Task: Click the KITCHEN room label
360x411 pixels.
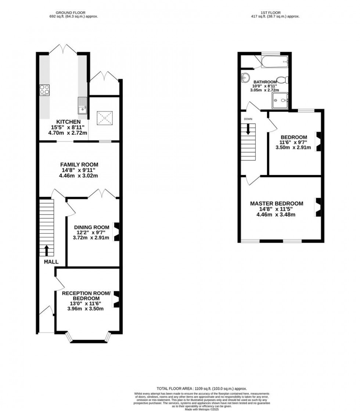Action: coord(68,122)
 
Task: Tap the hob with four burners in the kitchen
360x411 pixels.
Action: coord(44,90)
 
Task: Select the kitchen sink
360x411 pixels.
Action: coord(82,106)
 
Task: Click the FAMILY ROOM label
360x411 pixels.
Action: coord(79,165)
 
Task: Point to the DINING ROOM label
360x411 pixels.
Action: coord(91,227)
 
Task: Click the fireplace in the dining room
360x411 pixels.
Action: coord(116,232)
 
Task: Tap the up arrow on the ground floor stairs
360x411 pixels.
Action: coord(47,250)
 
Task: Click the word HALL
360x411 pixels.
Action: coord(51,262)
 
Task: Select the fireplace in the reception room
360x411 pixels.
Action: coord(116,299)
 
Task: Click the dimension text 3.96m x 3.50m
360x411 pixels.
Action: coord(85,309)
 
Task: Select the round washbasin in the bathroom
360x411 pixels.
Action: coord(245,77)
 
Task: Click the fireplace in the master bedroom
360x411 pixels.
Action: coord(318,207)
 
